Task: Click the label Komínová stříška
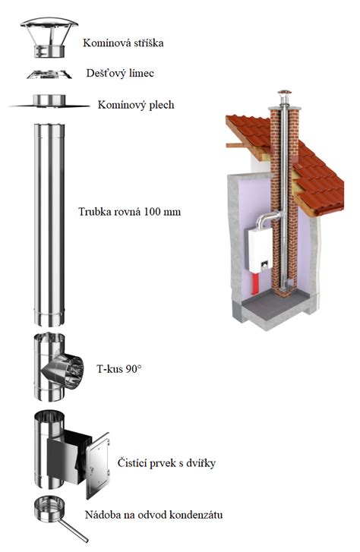(x=123, y=43)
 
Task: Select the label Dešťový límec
(x=120, y=73)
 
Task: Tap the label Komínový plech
(x=136, y=105)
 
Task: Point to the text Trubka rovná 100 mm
(x=129, y=212)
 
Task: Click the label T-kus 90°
(x=119, y=369)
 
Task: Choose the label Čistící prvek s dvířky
(x=166, y=462)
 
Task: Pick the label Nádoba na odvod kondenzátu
(x=154, y=515)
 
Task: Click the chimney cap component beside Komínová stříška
(x=49, y=37)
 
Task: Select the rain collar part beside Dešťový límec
(x=49, y=74)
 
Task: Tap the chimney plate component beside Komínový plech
(x=49, y=101)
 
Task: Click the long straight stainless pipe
(x=49, y=225)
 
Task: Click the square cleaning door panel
(x=98, y=465)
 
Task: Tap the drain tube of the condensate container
(x=73, y=531)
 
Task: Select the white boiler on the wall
(x=259, y=250)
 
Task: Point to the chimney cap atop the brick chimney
(x=284, y=93)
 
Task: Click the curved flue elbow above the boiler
(x=267, y=219)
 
